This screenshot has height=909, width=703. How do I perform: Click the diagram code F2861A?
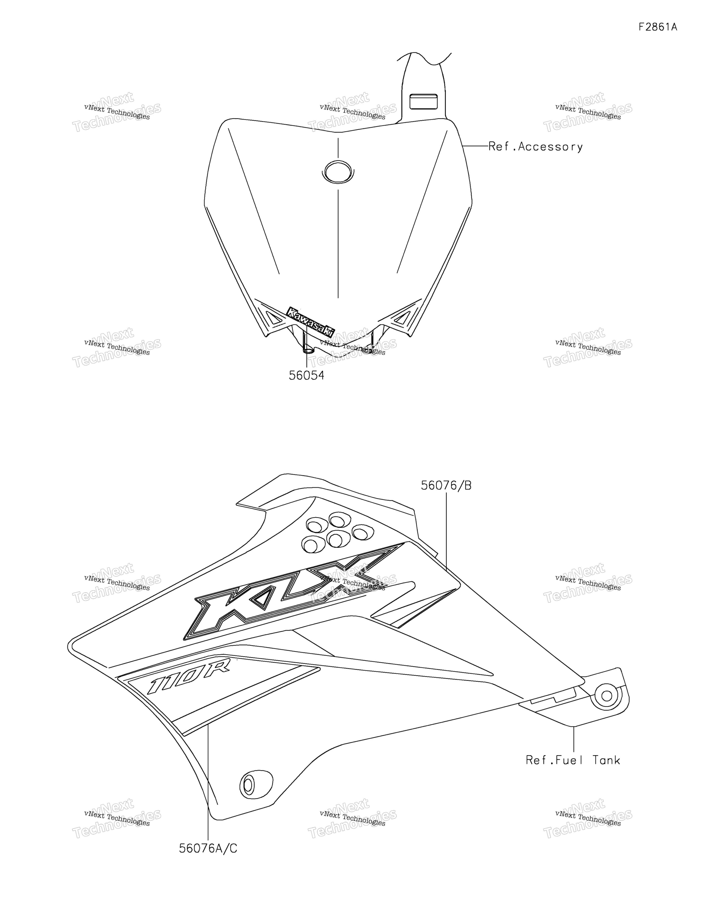658,27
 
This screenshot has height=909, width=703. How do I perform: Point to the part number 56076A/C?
208,848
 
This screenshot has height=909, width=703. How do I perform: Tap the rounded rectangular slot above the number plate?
423,101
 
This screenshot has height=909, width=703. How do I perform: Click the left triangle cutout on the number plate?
273,318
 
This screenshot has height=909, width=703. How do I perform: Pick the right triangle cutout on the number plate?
403,318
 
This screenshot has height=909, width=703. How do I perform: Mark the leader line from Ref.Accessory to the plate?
475,146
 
